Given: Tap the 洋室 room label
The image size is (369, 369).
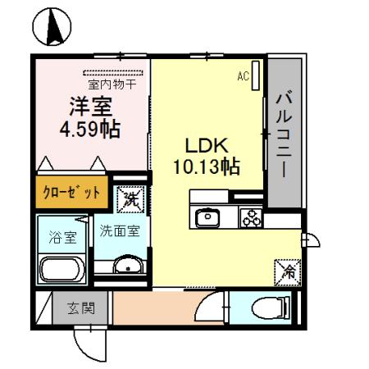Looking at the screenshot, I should tap(84, 108).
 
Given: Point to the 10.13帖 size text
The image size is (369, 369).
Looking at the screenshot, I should tap(206, 166).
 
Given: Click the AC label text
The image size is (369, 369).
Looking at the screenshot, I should tap(243, 76).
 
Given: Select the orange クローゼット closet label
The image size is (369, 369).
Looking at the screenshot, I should tap(72, 192).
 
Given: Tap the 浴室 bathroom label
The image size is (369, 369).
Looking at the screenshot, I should tap(60, 239).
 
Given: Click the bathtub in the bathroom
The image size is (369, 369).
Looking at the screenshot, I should tap(60, 268).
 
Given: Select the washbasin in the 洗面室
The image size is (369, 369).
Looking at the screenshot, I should tap(126, 265).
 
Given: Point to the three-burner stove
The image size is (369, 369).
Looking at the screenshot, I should tap(249, 218).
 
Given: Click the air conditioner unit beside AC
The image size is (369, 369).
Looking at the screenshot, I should tap(256, 77).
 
